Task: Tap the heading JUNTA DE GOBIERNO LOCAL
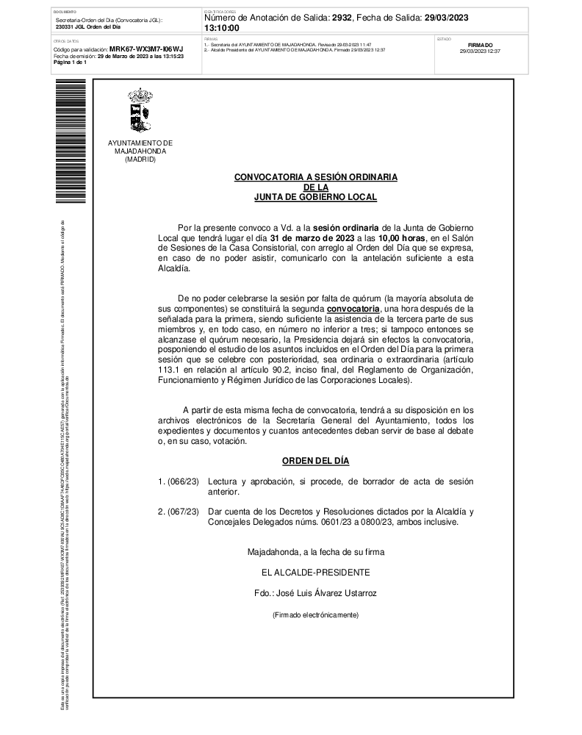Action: (315, 197)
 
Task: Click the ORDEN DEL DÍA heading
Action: (315, 461)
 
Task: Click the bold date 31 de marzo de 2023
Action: (306, 238)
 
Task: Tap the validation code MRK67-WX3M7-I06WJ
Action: (145, 49)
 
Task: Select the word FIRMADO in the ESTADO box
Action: (480, 45)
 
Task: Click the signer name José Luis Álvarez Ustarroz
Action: (315, 592)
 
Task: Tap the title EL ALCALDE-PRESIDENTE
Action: (315, 572)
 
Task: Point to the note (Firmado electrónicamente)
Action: (315, 614)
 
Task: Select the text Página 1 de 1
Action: (71, 62)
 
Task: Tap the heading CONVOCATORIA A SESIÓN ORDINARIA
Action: (315, 177)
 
